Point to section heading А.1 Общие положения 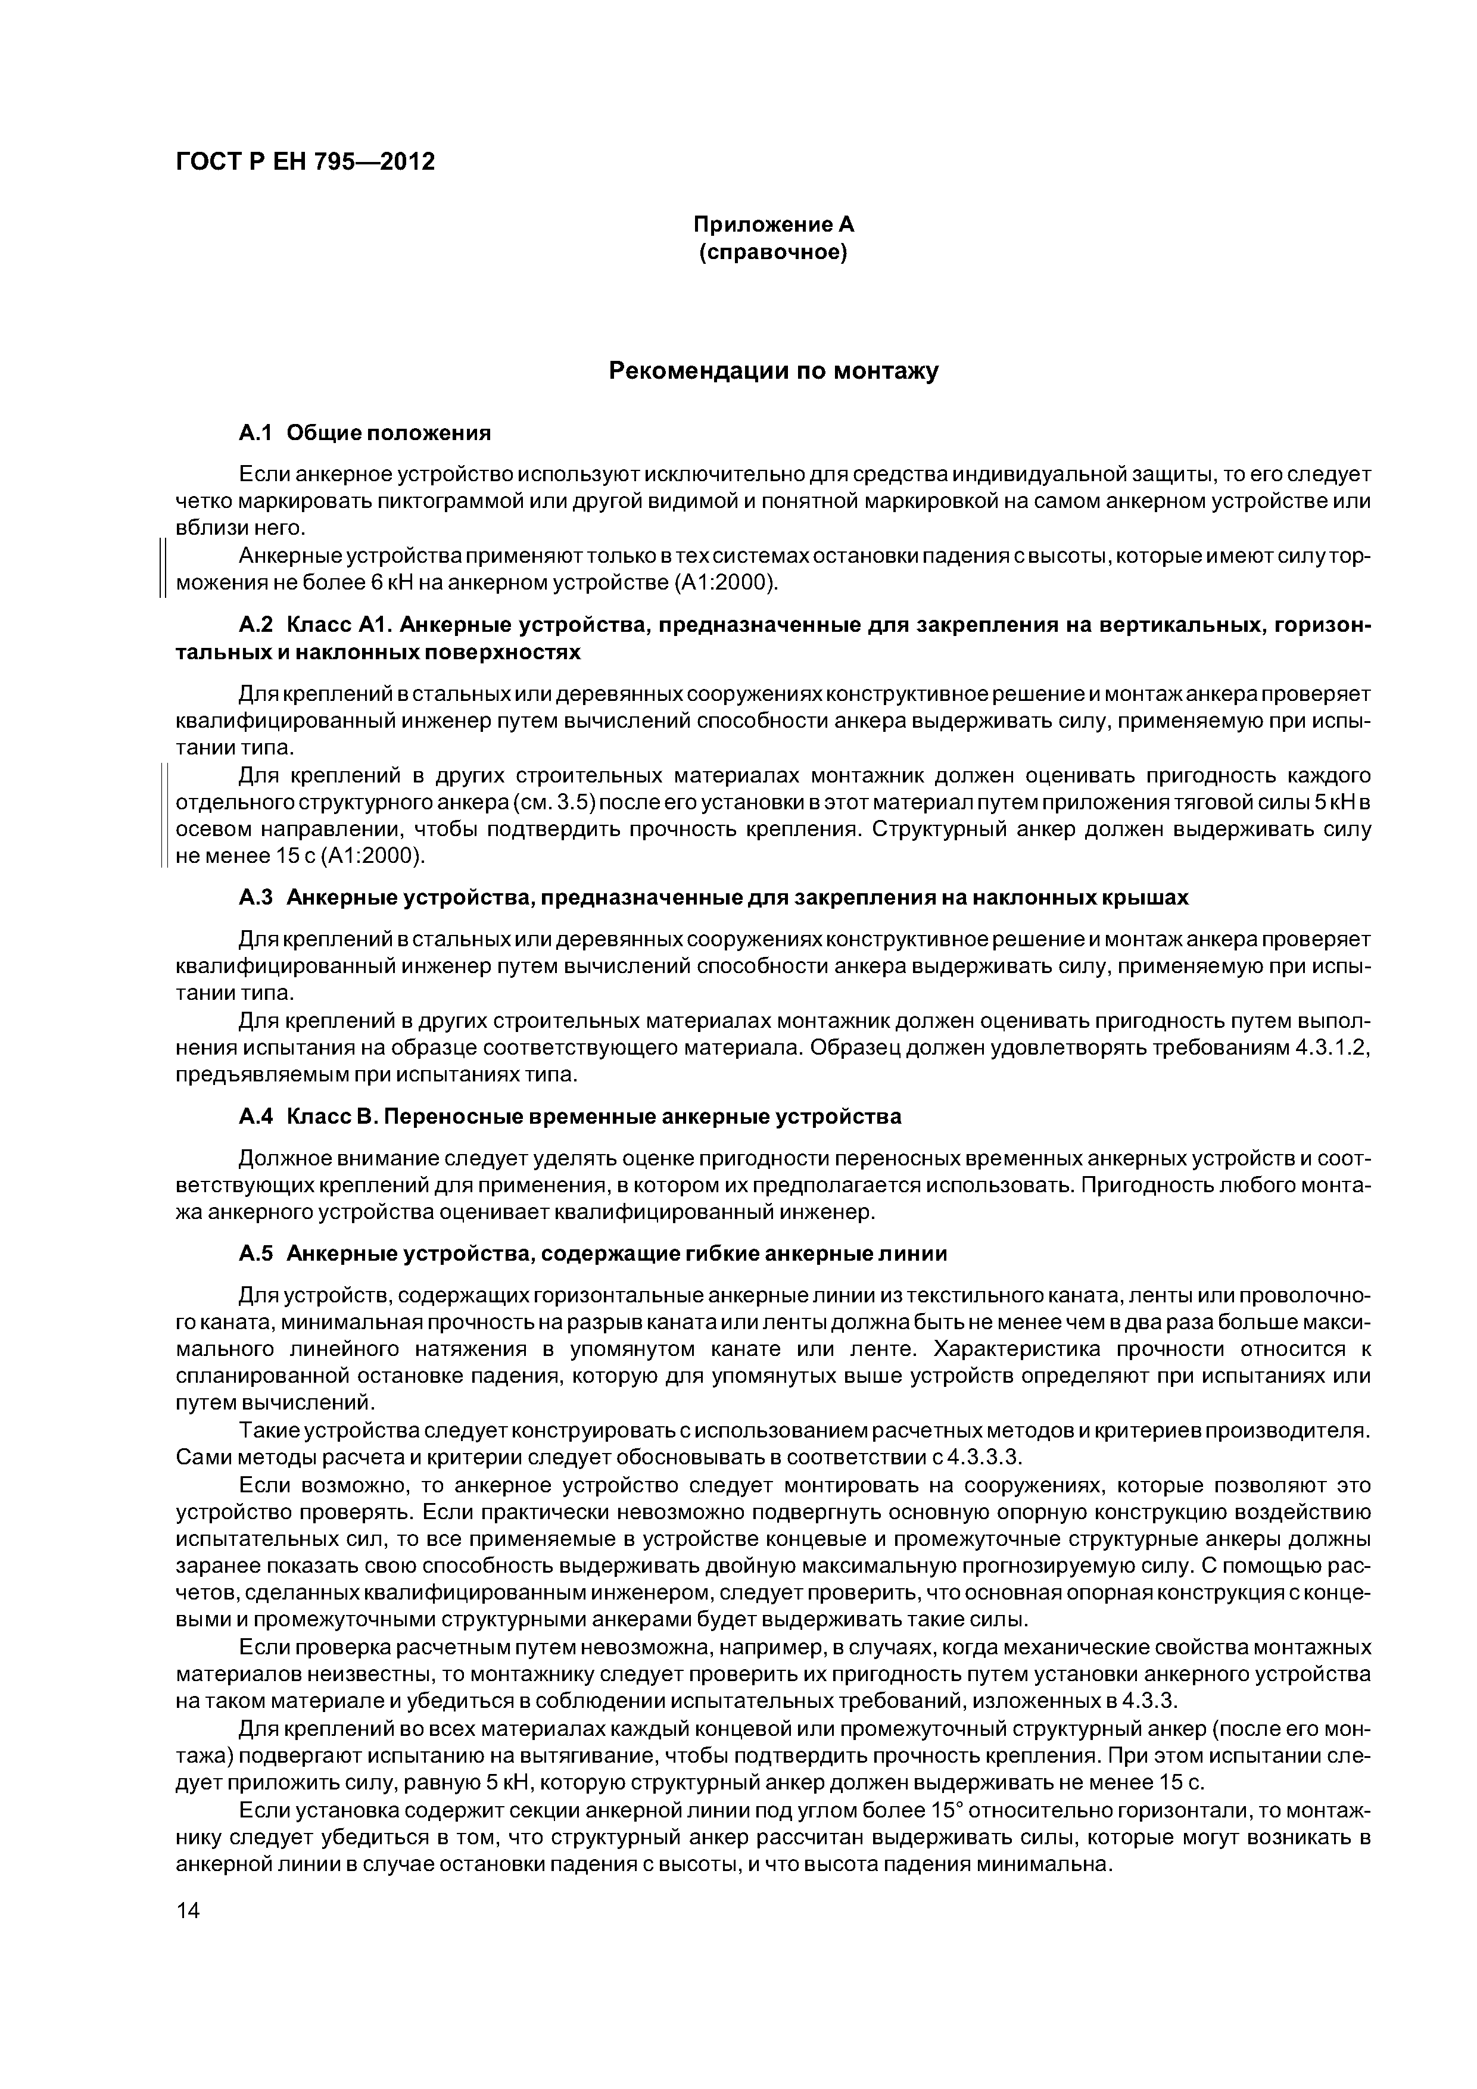tap(364, 433)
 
